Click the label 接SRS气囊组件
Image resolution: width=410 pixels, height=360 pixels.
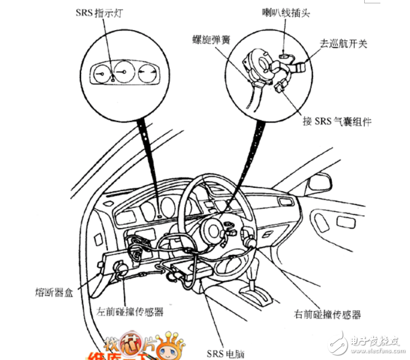pyautogui.click(x=337, y=121)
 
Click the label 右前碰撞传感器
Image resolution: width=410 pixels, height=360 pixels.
pyautogui.click(x=327, y=314)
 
